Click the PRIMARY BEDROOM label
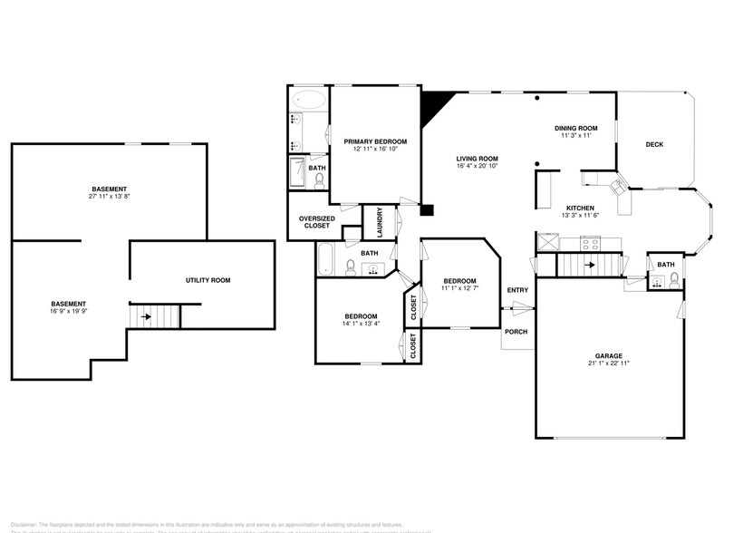coord(374,141)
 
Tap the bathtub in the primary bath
coord(310,100)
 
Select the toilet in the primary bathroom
coord(319,180)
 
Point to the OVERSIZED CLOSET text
coord(316,222)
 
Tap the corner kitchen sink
coord(620,189)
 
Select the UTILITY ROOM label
coord(208,280)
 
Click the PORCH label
coord(516,331)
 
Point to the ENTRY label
coord(517,290)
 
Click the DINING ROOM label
coord(576,128)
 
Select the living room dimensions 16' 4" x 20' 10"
coord(477,167)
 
